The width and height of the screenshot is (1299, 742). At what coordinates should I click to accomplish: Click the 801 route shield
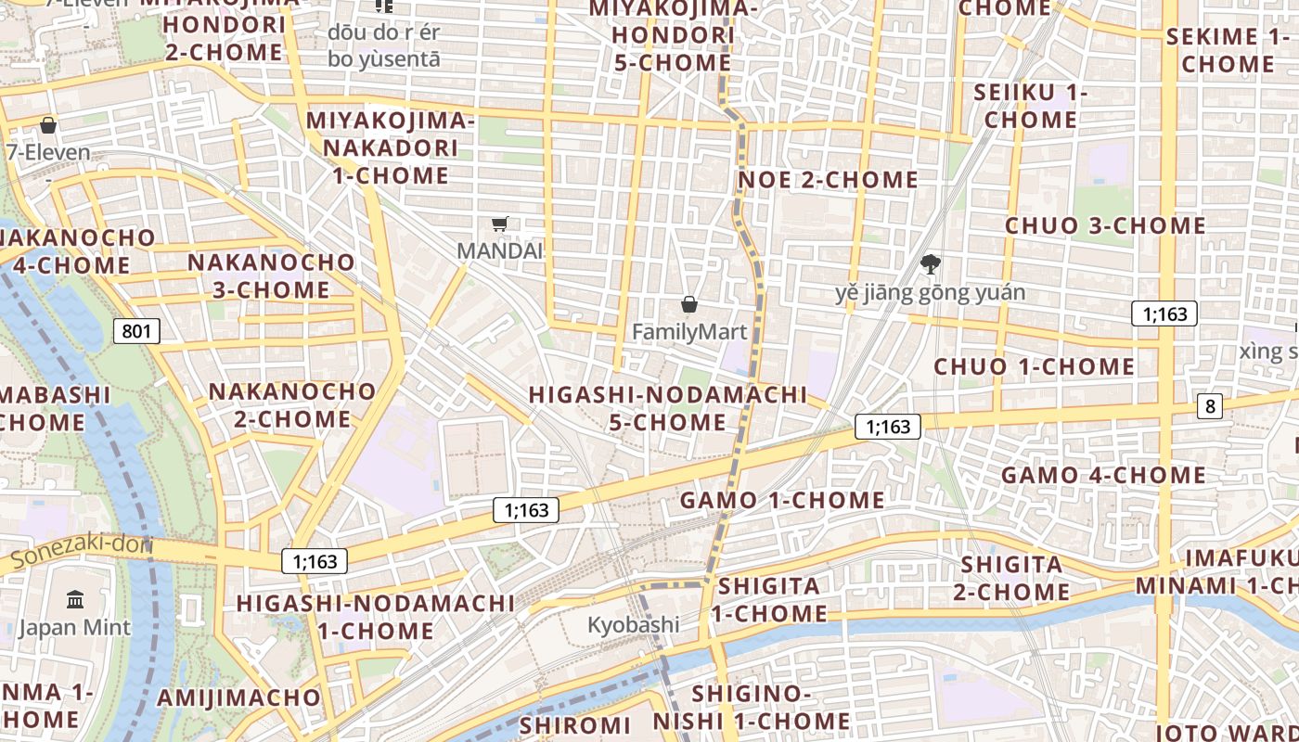pos(136,331)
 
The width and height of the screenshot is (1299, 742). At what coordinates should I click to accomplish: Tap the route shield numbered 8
pos(1209,405)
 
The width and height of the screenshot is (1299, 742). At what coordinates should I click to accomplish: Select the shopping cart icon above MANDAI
pos(500,224)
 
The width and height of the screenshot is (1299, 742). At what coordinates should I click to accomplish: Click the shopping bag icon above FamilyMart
pos(689,304)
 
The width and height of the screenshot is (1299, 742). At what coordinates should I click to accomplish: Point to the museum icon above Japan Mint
pos(75,599)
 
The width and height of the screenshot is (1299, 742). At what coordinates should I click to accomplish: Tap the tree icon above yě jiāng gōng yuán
pos(930,265)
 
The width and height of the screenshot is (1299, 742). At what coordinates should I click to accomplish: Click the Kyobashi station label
pos(633,624)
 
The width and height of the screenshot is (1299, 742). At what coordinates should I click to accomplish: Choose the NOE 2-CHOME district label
pos(828,179)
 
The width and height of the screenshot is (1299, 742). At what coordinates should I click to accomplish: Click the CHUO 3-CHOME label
pos(1105,225)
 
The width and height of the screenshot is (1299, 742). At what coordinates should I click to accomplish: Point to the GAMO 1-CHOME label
pos(782,500)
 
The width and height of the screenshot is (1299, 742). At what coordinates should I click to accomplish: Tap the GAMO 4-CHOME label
pos(1102,476)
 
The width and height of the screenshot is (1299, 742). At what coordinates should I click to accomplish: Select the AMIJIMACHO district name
pos(238,697)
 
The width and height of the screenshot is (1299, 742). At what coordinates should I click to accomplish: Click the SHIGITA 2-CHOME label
pos(1014,578)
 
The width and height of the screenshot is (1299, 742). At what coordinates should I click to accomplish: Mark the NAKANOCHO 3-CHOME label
pos(271,275)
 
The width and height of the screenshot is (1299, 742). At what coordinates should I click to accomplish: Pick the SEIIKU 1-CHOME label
pos(1031,107)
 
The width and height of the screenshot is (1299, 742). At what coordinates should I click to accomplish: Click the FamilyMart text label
pos(689,331)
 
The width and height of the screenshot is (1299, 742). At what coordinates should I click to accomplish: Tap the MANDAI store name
pos(499,250)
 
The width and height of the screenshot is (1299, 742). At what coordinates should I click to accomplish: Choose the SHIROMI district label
pos(575,724)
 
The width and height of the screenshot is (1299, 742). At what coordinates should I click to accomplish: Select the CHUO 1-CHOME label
pos(1034,366)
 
